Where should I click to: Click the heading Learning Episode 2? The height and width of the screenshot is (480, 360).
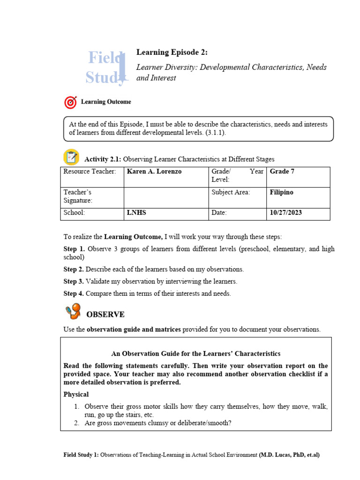click(168, 52)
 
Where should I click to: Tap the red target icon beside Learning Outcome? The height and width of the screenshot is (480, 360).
click(70, 102)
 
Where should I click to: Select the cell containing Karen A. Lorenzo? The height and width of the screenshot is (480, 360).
click(154, 172)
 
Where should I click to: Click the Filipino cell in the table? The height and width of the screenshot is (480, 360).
click(281, 192)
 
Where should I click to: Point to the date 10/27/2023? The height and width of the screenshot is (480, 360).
click(286, 213)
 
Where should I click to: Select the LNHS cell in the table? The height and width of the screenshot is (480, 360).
click(136, 213)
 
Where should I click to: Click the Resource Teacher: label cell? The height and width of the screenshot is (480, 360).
click(90, 172)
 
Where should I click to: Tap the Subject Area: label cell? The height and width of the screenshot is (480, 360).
click(231, 192)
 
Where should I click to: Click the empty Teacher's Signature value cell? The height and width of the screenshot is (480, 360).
click(165, 196)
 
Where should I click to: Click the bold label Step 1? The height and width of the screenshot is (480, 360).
click(74, 249)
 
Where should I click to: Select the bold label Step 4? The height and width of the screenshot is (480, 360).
click(74, 294)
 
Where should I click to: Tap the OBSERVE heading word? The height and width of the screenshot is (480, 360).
click(105, 314)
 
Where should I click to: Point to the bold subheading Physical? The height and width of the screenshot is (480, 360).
click(76, 395)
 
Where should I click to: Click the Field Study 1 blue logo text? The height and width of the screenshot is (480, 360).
click(107, 67)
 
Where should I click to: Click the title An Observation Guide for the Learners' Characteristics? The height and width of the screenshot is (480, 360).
click(195, 353)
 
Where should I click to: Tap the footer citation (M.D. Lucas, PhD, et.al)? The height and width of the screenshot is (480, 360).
click(289, 455)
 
